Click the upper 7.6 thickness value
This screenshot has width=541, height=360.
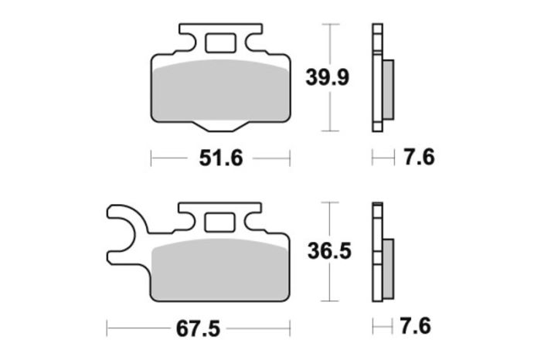pyautogui.click(x=418, y=158)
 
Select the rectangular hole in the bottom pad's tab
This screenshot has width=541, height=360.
pyautogui.click(x=221, y=223)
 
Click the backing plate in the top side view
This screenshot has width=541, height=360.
pyautogui.click(x=377, y=77)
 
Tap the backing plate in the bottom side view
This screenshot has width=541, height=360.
pyautogui.click(x=377, y=255)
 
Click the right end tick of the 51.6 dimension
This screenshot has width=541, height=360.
pyautogui.click(x=289, y=158)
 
